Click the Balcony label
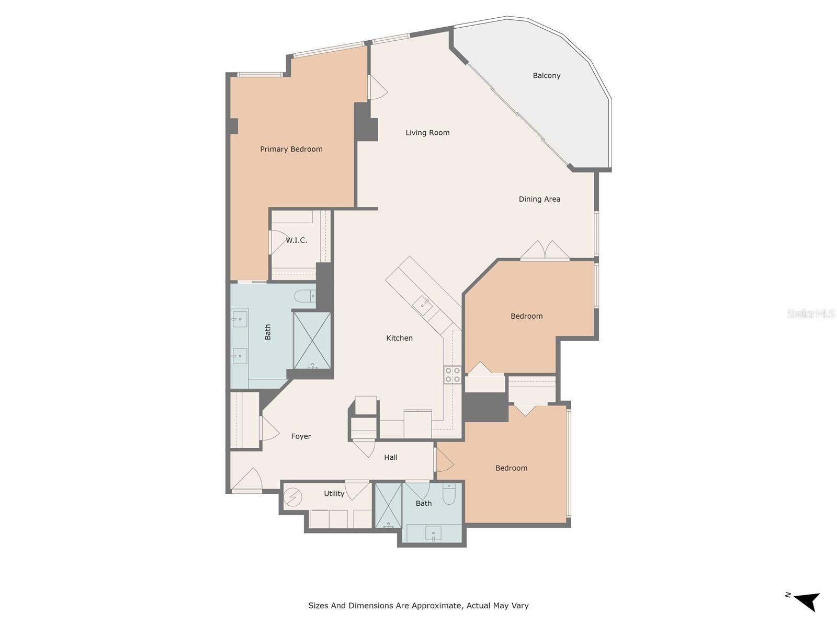pyautogui.click(x=547, y=76)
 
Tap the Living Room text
pyautogui.click(x=427, y=133)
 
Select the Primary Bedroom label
pyautogui.click(x=291, y=149)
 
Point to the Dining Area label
pyautogui.click(x=539, y=199)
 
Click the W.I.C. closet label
pyautogui.click(x=296, y=240)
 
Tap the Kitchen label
pyautogui.click(x=399, y=338)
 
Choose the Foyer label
pyautogui.click(x=301, y=436)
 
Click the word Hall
pyautogui.click(x=390, y=457)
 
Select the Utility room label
pyautogui.click(x=334, y=494)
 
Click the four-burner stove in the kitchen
pyautogui.click(x=453, y=375)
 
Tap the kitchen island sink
pyautogui.click(x=423, y=305)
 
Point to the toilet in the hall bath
pyautogui.click(x=449, y=494)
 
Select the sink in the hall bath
pyautogui.click(x=433, y=532)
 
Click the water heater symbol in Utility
pyautogui.click(x=293, y=497)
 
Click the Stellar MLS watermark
pyautogui.click(x=811, y=313)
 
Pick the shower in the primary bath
pyautogui.click(x=312, y=340)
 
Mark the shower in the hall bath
pyautogui.click(x=389, y=506)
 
